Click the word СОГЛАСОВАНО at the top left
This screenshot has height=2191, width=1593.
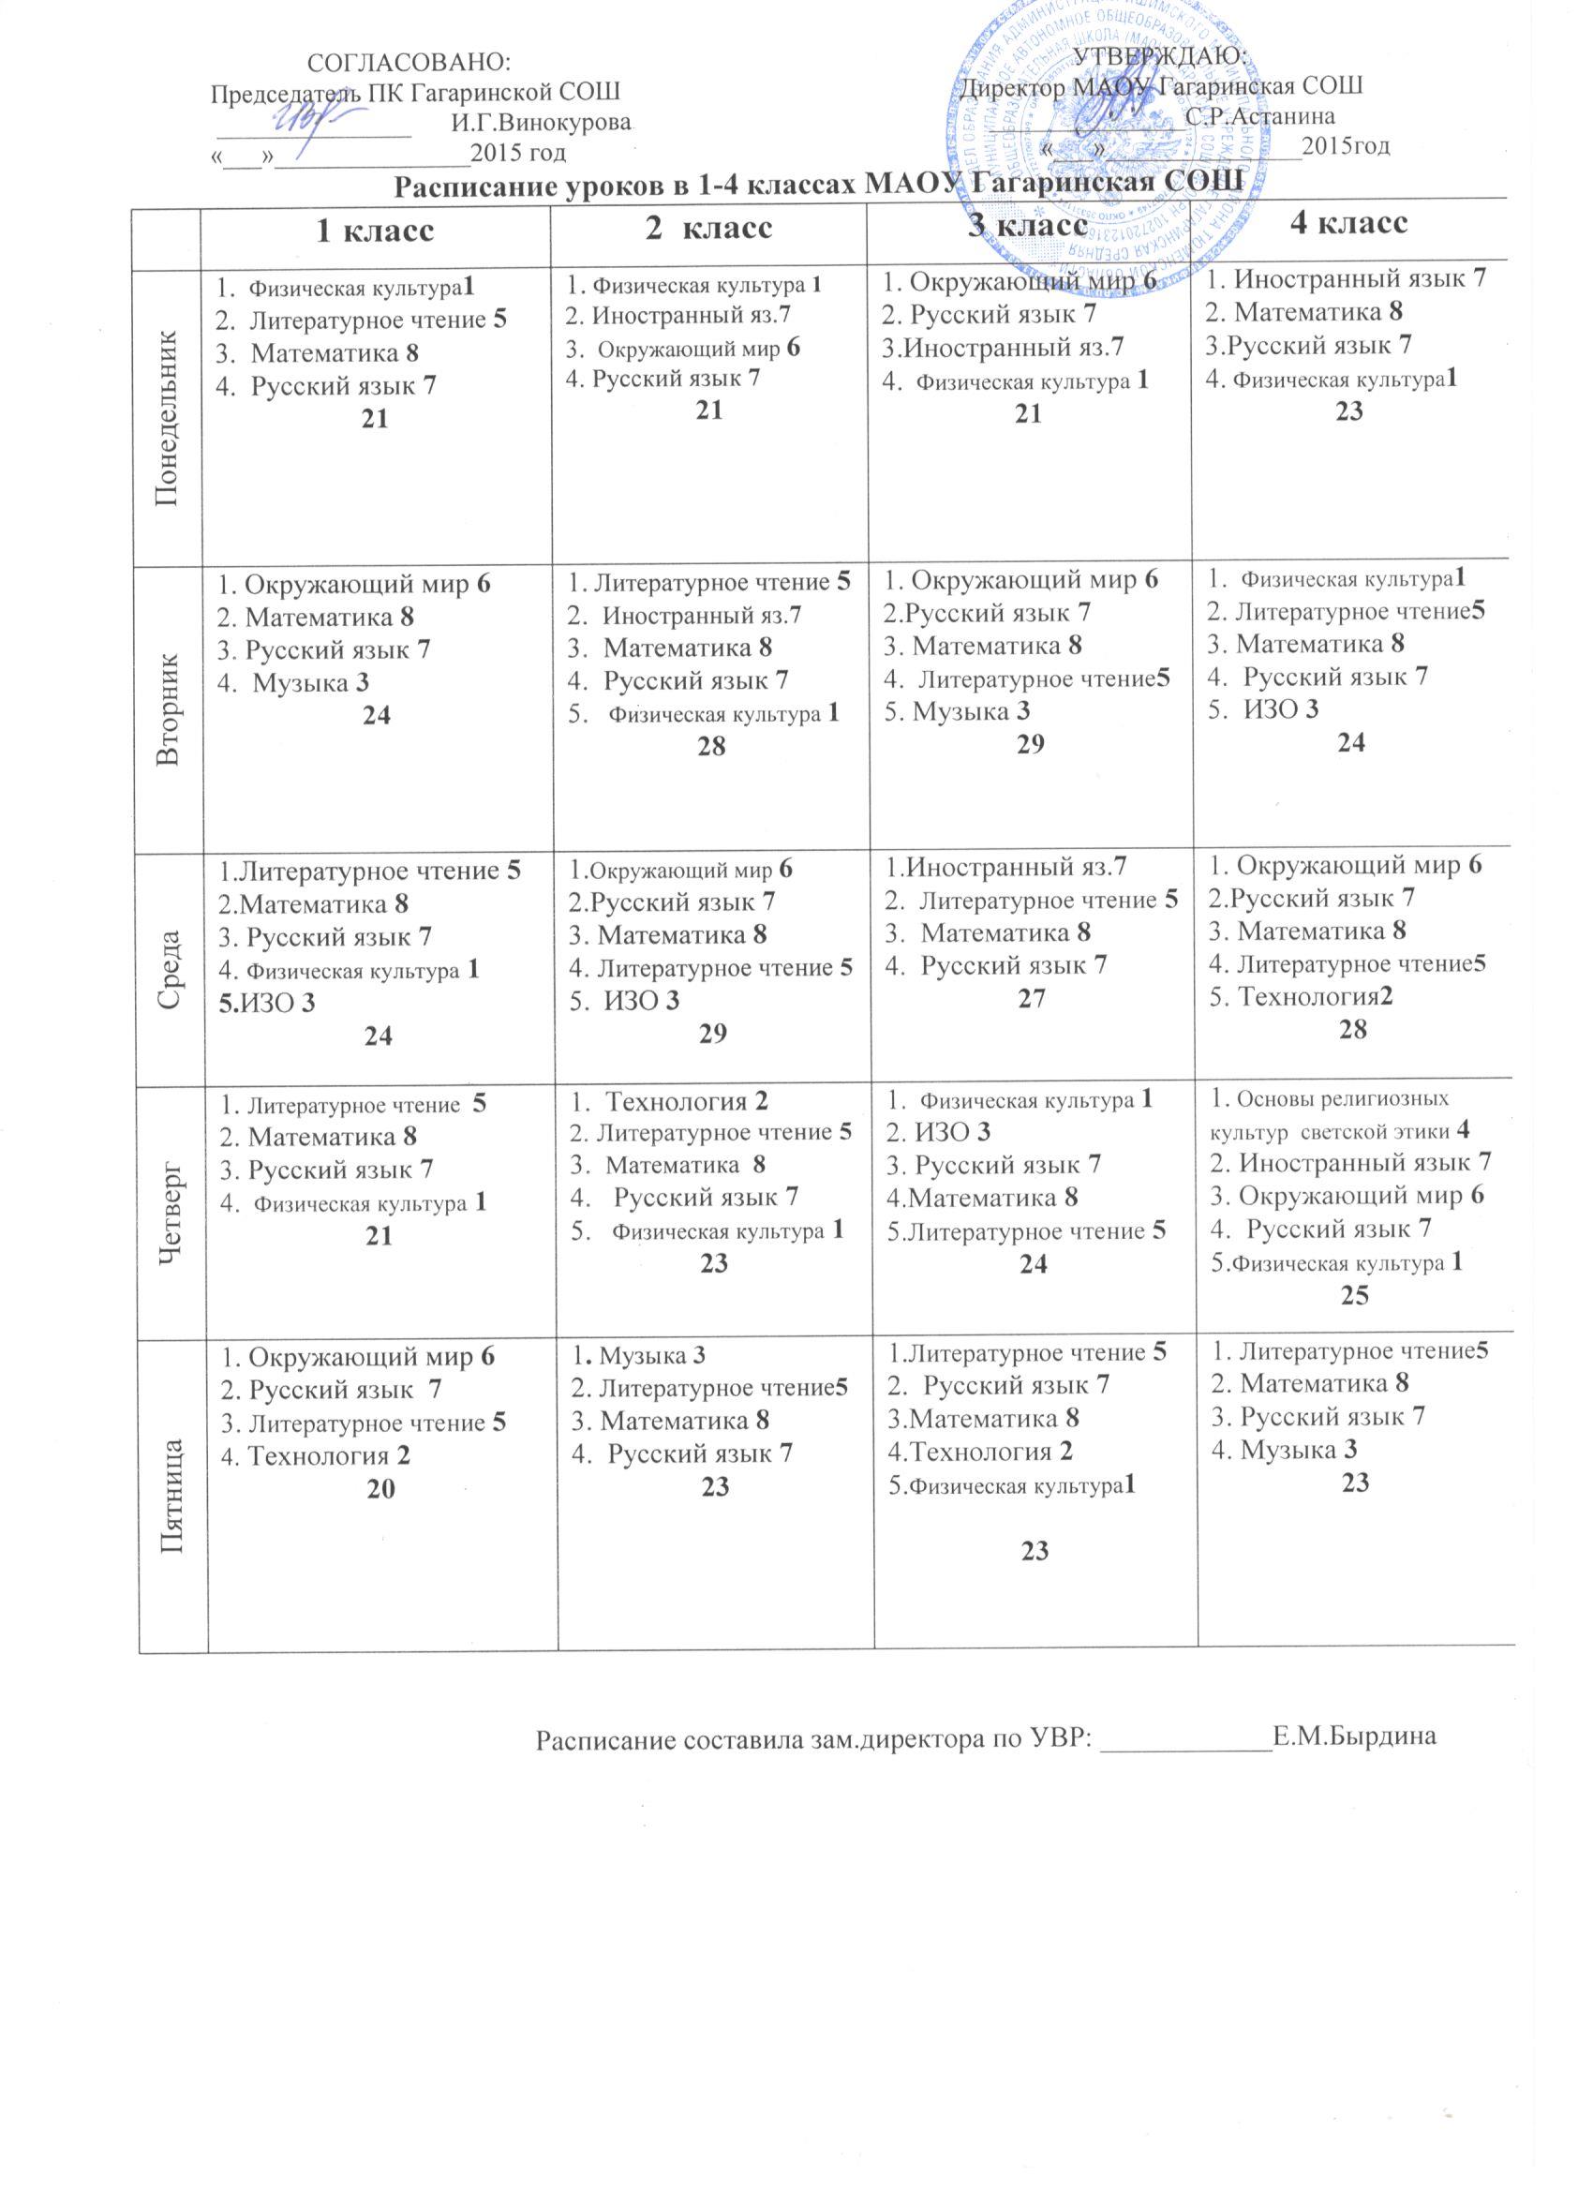407,62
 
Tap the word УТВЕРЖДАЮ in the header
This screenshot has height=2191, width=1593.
1162,55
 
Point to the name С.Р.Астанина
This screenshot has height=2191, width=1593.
1259,117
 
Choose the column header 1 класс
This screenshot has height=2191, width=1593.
376,230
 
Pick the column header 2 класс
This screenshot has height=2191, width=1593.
708,227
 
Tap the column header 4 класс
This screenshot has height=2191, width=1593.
1348,223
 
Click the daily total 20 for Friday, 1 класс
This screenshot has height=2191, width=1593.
380,1490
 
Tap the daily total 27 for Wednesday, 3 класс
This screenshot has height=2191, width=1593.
1032,998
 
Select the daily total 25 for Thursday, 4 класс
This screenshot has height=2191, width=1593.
1354,1295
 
